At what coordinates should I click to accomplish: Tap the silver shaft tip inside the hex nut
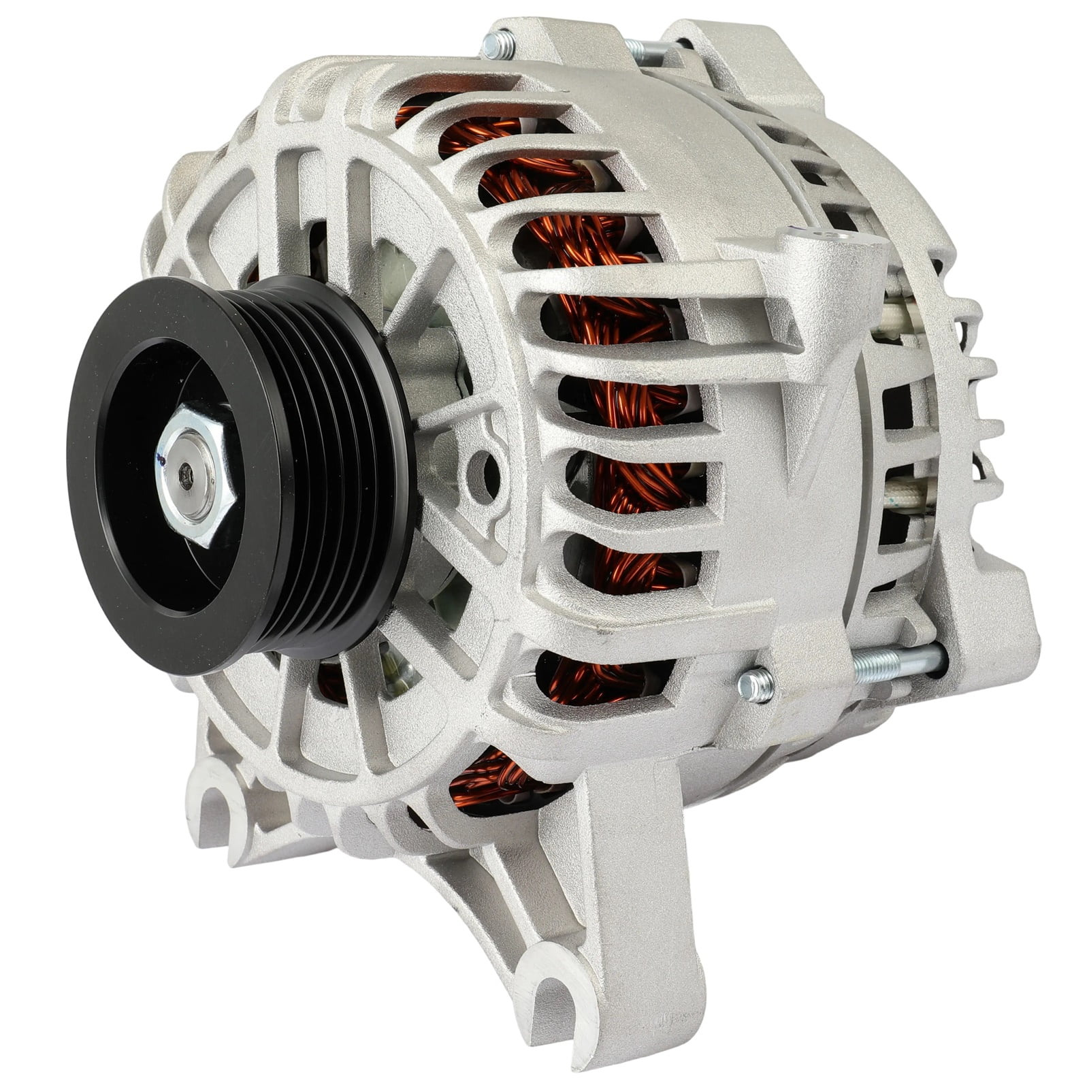(x=185, y=475)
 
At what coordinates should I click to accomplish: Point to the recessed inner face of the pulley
(x=136, y=544)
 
